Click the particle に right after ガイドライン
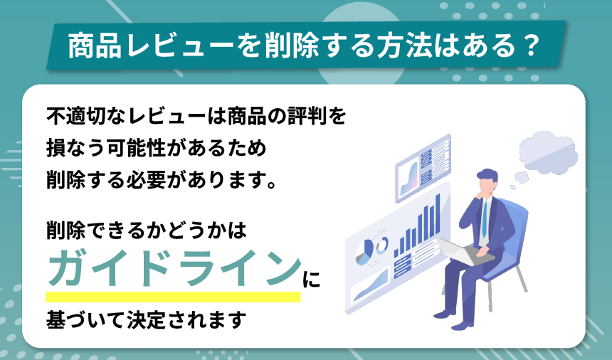click(x=311, y=277)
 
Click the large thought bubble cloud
click(x=548, y=149)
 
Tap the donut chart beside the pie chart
click(x=382, y=245)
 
